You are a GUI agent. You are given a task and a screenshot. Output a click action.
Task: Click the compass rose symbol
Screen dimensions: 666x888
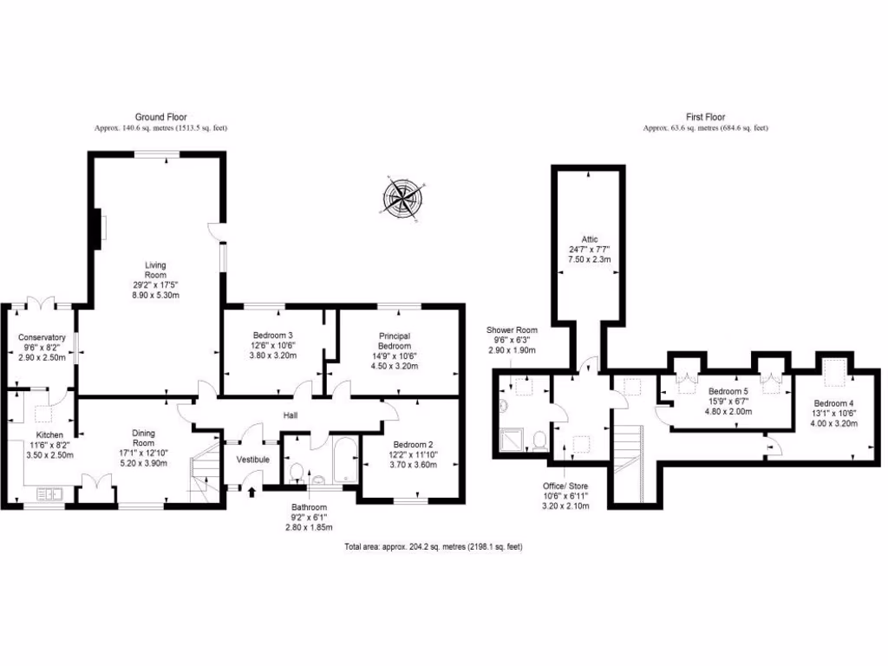point(402,197)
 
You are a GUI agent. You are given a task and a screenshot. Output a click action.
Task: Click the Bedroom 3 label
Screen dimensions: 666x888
point(273,336)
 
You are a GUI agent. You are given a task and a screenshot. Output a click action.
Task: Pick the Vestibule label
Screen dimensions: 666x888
point(252,459)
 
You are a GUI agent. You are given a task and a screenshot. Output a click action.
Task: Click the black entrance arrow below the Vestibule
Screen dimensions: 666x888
point(252,493)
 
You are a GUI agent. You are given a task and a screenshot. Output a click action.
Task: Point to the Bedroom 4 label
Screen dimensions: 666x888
point(833,403)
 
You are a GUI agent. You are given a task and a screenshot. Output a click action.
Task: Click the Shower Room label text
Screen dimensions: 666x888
point(512,330)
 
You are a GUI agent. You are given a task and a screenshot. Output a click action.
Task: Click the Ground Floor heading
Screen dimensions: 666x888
point(160,117)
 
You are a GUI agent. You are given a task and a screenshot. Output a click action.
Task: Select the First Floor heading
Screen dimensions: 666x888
point(705,117)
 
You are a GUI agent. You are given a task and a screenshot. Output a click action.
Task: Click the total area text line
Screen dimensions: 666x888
point(434,547)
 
